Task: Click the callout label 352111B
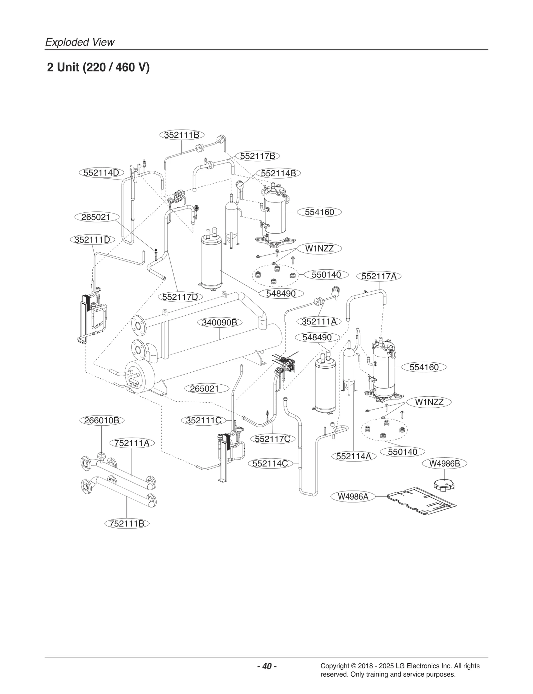click(x=182, y=135)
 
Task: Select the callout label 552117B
click(x=258, y=156)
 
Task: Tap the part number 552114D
click(x=101, y=173)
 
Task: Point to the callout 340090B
click(x=219, y=322)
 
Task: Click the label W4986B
click(x=444, y=463)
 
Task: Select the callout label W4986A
click(x=353, y=497)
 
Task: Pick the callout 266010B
click(x=102, y=420)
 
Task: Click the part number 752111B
click(x=127, y=523)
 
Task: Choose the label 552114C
click(x=270, y=463)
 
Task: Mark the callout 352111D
click(x=92, y=240)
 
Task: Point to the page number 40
click(x=267, y=666)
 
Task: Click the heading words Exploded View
click(x=80, y=42)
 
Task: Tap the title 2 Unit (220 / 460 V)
click(x=98, y=68)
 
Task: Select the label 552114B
click(x=278, y=173)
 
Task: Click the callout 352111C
click(x=204, y=421)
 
